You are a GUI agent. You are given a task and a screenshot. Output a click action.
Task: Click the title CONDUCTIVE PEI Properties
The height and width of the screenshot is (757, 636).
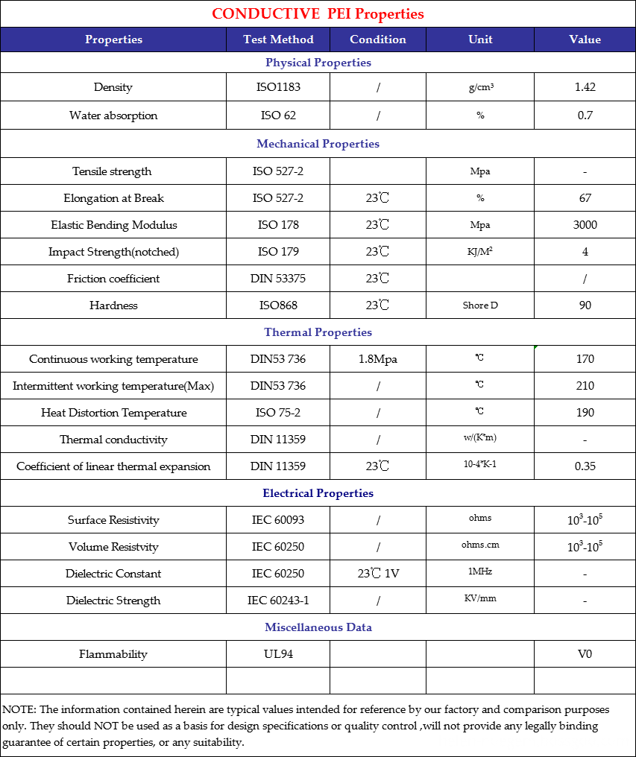click(318, 14)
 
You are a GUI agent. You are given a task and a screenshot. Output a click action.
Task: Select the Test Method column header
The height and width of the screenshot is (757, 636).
click(278, 39)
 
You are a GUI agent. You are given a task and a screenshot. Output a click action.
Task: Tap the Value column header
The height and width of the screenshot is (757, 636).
click(585, 39)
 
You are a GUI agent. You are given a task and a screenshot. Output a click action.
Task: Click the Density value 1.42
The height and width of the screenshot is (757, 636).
click(585, 87)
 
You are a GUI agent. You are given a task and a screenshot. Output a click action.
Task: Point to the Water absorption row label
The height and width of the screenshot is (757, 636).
click(113, 115)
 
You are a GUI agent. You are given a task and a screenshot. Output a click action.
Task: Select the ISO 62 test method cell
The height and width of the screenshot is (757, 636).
click(278, 115)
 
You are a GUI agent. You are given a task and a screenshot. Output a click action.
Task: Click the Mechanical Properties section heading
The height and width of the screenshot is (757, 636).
click(318, 144)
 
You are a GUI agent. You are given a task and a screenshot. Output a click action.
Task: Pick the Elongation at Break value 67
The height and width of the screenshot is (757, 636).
click(585, 198)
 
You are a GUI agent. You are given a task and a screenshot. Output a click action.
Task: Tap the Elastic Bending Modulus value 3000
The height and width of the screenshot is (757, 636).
click(585, 225)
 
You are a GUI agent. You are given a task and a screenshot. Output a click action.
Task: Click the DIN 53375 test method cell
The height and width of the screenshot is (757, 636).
click(278, 279)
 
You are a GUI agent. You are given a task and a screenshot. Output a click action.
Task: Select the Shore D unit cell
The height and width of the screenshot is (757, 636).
click(480, 305)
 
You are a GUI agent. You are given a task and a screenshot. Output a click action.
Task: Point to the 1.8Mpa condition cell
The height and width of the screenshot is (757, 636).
click(377, 359)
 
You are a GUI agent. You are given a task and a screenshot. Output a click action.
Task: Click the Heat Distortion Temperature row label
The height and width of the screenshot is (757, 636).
click(113, 413)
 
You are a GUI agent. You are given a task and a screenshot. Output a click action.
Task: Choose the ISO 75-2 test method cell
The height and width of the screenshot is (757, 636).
click(278, 413)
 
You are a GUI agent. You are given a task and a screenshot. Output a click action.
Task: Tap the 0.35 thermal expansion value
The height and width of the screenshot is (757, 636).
click(585, 466)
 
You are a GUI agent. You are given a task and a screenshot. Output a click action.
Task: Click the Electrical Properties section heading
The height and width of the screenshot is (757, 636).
click(318, 493)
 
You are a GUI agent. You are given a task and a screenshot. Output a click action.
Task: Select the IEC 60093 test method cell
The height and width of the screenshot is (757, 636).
click(278, 520)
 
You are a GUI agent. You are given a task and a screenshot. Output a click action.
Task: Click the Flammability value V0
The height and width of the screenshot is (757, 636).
click(585, 654)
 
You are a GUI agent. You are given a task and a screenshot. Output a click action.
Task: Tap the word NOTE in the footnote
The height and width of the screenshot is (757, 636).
click(19, 709)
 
